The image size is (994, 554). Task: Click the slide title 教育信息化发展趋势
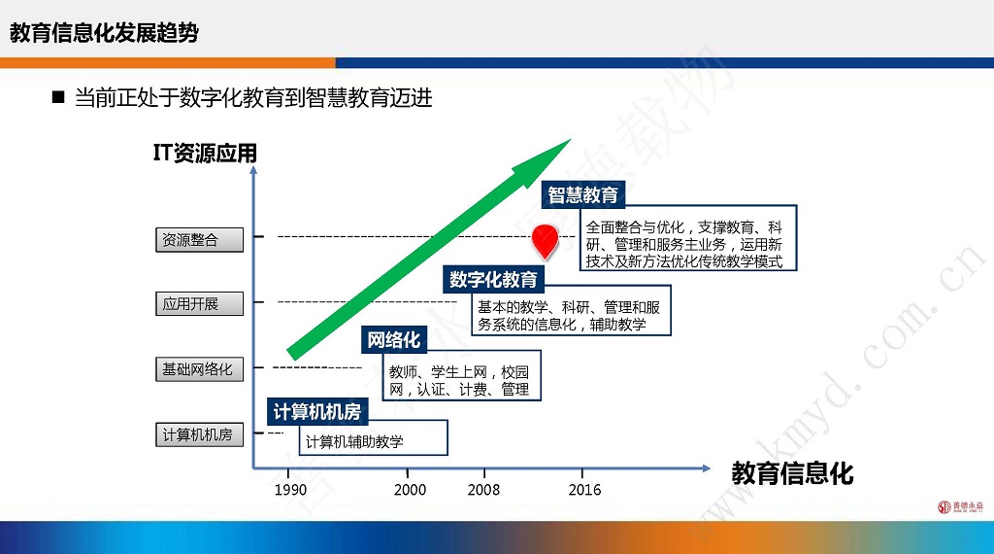point(104,33)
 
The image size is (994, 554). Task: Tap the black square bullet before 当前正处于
point(58,97)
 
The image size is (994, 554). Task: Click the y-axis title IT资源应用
point(205,153)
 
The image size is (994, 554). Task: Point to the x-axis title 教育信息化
point(792,473)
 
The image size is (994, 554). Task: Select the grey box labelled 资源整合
point(200,240)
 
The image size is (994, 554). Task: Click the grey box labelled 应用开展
point(200,303)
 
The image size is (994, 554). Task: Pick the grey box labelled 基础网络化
point(200,369)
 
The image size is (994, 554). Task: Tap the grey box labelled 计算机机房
point(200,434)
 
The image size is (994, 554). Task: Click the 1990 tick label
point(290,490)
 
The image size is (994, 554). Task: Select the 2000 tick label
point(410,490)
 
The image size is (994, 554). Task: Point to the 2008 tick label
point(483,490)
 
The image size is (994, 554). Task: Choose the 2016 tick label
point(584,490)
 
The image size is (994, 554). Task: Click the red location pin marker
point(545,241)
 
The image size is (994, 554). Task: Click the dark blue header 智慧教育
point(583,194)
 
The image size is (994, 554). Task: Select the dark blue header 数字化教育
point(493,279)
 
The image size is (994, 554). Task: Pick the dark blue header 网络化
point(394,340)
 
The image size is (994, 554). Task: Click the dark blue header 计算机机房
point(317,412)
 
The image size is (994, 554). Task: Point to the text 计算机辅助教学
point(354,441)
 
